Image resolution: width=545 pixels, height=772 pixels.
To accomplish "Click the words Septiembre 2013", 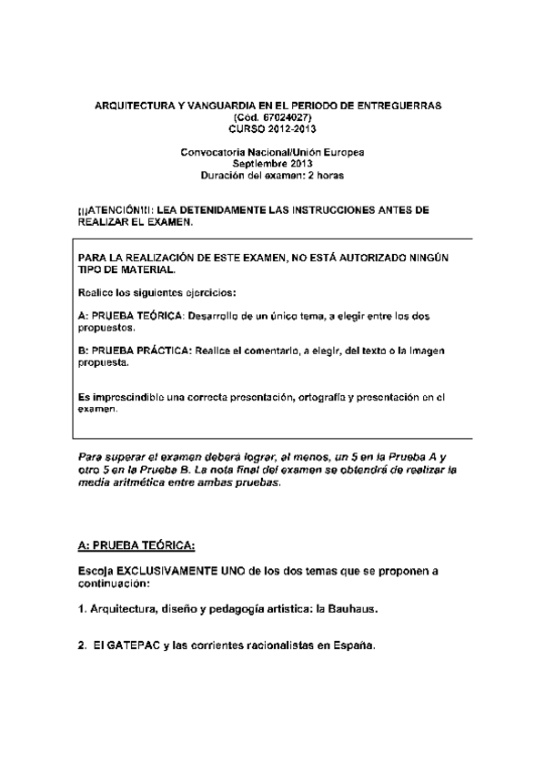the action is pyautogui.click(x=272, y=164).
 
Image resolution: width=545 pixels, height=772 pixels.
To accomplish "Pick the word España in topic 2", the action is pyautogui.click(x=350, y=645).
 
